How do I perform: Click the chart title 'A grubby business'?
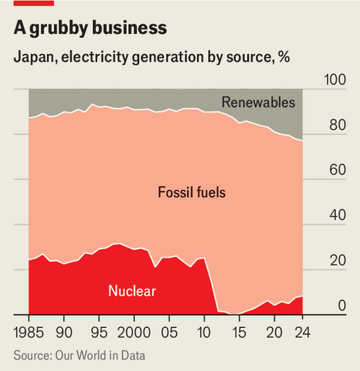point(89,28)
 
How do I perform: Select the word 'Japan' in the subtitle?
point(31,58)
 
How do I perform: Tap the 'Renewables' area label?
point(259,102)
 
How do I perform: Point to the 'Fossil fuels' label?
point(191,193)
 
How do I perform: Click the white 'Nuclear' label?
point(132,292)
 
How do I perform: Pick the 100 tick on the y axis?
point(335,80)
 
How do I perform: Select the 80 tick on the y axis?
point(337,126)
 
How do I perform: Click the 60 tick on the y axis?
point(337,171)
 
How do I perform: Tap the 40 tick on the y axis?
point(337,216)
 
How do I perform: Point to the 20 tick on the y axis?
point(337,261)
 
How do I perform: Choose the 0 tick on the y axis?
point(342,306)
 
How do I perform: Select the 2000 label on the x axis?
point(134,332)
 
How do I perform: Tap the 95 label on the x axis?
point(99,332)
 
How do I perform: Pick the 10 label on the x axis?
point(204,332)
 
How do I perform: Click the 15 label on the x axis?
point(239,332)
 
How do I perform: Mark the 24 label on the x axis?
point(302,332)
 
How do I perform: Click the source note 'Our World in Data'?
point(101,355)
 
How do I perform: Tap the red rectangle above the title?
point(33,3)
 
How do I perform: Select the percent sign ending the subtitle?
point(284,58)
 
